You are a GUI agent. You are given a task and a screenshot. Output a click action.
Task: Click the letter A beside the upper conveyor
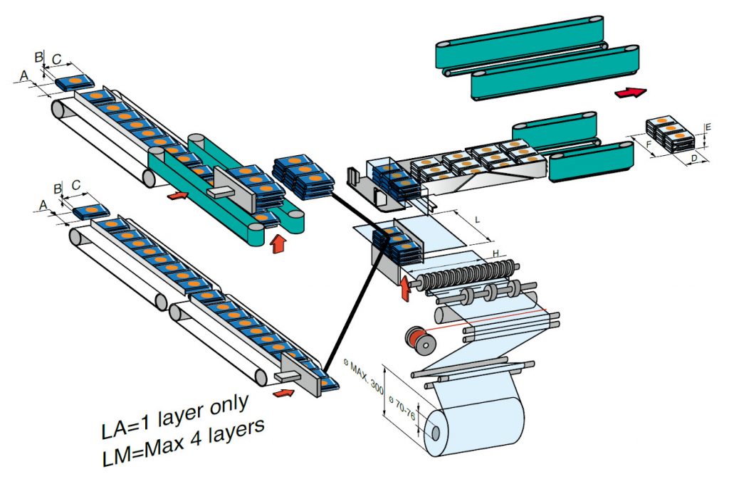coord(24,75)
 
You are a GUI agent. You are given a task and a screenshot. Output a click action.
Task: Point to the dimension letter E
coord(707,128)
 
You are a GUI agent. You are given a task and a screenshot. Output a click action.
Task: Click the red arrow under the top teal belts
coord(630,92)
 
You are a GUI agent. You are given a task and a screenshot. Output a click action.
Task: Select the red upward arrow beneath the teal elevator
coord(278,243)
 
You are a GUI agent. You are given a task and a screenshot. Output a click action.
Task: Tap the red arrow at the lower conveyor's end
coord(284,393)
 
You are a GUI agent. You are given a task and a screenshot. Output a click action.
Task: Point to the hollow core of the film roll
coord(434,432)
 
